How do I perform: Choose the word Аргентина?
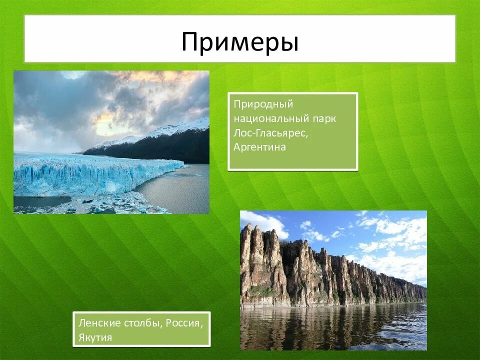click(x=259, y=147)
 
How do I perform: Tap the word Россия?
click(x=185, y=323)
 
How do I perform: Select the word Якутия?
click(x=95, y=337)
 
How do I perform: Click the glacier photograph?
click(x=111, y=142)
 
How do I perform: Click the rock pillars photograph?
click(x=333, y=280)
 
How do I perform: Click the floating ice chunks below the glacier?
click(x=115, y=204)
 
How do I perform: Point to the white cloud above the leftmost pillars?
click(x=265, y=222)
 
